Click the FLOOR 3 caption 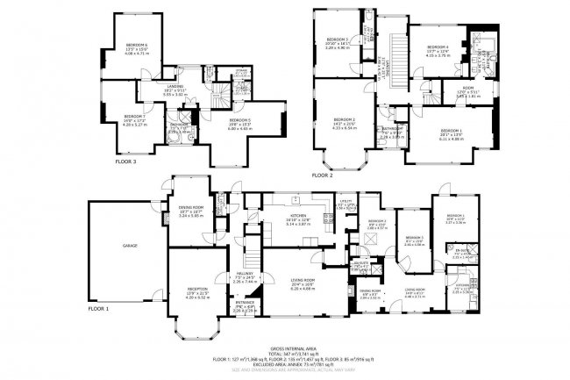127,161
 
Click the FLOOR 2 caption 321,175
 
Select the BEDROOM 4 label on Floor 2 437,47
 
